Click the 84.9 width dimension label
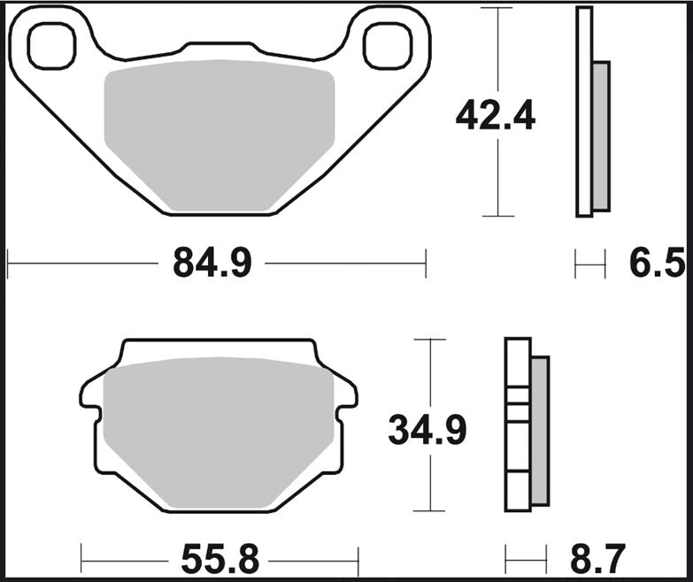click(212, 263)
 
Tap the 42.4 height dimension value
click(495, 116)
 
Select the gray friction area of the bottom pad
click(219, 433)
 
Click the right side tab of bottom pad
click(348, 394)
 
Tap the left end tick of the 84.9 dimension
click(7, 263)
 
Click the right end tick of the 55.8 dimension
click(358, 559)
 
